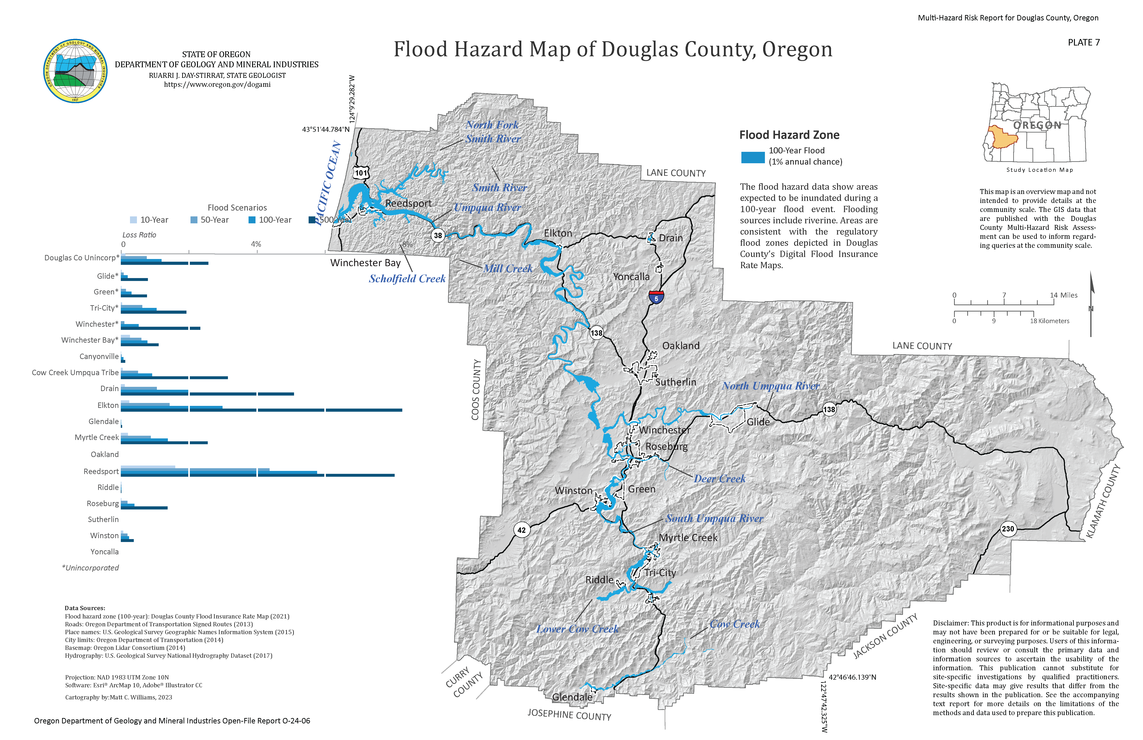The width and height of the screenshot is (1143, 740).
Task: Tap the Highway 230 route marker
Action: click(1008, 529)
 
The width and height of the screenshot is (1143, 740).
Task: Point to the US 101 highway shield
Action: click(361, 173)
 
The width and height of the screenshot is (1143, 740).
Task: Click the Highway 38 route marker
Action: click(437, 235)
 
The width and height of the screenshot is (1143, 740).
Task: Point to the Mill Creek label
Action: click(508, 269)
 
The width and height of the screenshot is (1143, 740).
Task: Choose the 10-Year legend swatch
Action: click(134, 220)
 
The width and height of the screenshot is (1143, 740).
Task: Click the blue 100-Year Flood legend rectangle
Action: click(753, 157)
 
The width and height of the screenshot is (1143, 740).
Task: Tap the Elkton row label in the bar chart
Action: click(108, 406)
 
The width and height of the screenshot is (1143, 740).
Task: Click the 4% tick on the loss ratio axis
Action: click(256, 244)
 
